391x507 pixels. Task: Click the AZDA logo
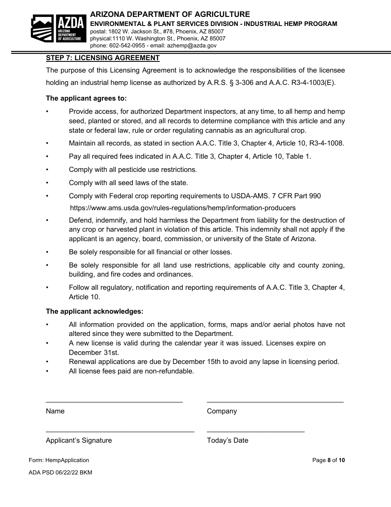click(x=58, y=28)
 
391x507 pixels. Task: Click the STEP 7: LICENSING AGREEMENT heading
click(x=102, y=58)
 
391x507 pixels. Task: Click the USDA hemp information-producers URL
click(x=182, y=208)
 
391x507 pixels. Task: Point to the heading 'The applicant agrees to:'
click(x=86, y=99)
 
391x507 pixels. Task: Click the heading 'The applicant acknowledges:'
click(x=94, y=311)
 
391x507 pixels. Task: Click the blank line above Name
click(x=114, y=401)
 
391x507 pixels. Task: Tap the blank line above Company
click(x=275, y=401)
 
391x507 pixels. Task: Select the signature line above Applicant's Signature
click(x=120, y=431)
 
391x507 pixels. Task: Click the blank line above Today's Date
click(x=256, y=431)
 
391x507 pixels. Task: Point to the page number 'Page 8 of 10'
click(x=328, y=460)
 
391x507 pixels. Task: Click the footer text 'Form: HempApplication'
click(x=59, y=460)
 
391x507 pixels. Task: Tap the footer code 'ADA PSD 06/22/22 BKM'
click(x=61, y=472)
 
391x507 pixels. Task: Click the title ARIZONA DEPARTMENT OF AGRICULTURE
click(x=170, y=15)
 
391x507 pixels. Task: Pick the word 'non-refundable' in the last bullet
click(x=170, y=371)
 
